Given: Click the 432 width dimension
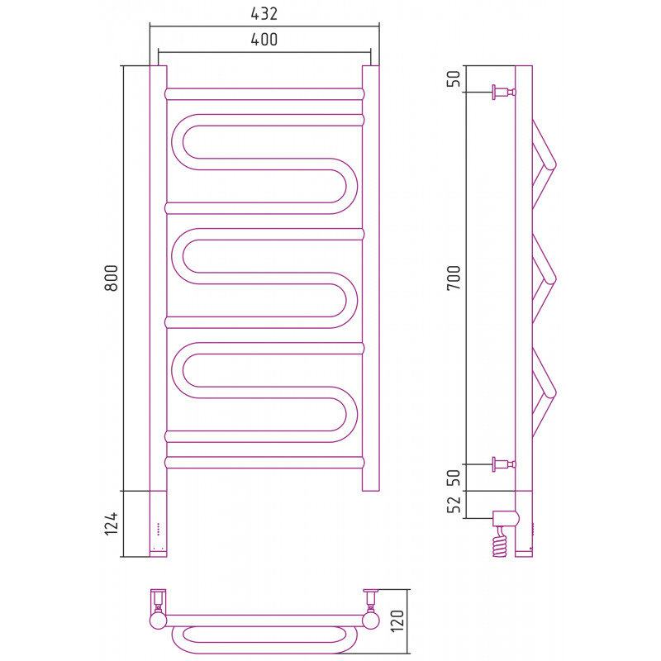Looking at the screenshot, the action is (264, 14).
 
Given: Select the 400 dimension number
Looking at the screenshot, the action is (264, 40).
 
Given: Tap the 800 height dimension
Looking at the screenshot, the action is (112, 278).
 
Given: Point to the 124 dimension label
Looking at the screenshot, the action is (112, 524).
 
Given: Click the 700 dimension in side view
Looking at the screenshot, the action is (454, 278).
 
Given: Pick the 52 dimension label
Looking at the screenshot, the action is (454, 505).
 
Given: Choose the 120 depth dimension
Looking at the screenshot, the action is (397, 621).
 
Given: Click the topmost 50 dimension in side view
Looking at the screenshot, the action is (454, 78).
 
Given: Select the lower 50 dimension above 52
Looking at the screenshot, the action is (454, 478).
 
